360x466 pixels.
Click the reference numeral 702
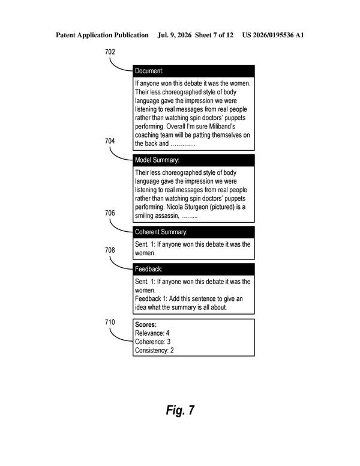110,52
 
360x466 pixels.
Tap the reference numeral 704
110,141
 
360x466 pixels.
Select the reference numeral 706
110,213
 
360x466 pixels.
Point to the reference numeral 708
110,250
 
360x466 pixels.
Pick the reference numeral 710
110,322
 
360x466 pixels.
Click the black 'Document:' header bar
194,71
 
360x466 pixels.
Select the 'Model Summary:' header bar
194,160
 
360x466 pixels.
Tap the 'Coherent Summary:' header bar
194,232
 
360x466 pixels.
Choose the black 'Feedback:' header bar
194,269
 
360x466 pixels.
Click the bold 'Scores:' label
146,324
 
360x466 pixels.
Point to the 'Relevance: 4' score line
152,333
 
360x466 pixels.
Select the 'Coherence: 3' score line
152,342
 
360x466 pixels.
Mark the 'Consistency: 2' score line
154,350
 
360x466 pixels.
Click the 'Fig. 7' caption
180,410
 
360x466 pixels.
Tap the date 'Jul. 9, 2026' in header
175,35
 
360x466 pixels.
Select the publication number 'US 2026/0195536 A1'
273,35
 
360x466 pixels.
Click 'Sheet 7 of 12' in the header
214,35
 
